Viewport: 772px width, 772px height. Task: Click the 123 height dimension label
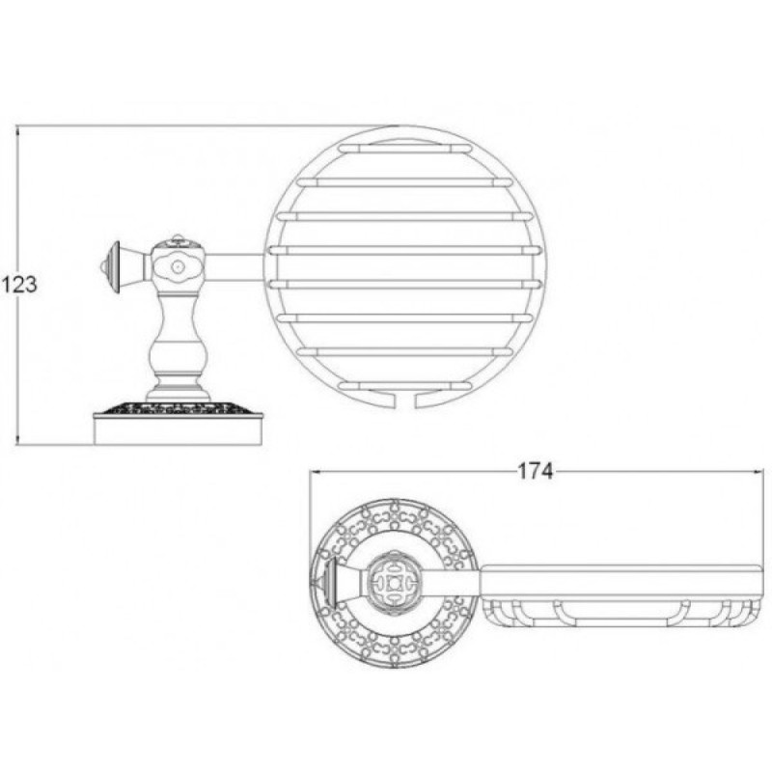coord(19,285)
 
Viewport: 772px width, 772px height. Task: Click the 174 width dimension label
coord(536,471)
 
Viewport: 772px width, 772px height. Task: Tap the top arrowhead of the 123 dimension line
coord(18,130)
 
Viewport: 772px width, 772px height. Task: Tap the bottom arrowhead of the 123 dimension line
coord(18,440)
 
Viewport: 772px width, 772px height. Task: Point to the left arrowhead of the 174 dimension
coord(315,471)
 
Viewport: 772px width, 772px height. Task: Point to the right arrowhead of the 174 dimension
coord(758,471)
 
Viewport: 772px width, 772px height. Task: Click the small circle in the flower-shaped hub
coord(176,267)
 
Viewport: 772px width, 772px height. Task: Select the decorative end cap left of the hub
coord(110,267)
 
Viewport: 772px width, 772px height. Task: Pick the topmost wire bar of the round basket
coord(404,148)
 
